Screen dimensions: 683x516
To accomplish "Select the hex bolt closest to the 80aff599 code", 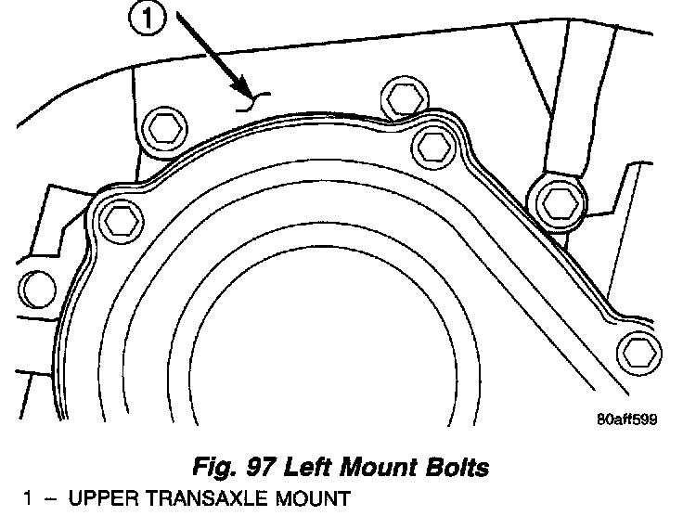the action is point(638,351).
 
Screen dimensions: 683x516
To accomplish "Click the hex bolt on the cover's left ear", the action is point(118,219).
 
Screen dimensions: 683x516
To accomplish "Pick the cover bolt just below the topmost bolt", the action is point(432,144).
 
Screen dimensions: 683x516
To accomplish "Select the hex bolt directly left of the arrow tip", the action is point(164,128).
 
